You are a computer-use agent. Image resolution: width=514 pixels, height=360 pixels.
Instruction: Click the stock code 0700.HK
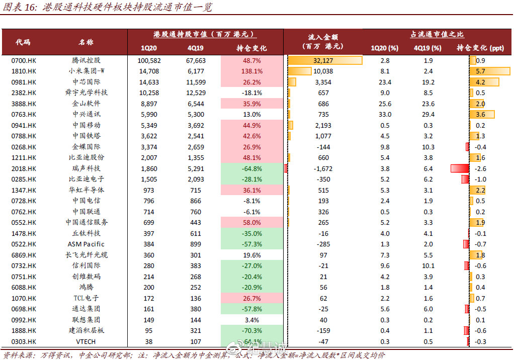tap(24, 60)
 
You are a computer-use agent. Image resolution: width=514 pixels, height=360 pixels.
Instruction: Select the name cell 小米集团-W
tap(86, 71)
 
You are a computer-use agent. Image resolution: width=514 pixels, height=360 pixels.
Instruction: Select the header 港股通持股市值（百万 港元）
tap(205, 34)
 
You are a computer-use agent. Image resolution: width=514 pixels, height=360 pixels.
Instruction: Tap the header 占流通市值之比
tap(437, 34)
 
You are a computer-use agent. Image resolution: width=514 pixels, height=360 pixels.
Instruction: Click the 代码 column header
tap(23, 42)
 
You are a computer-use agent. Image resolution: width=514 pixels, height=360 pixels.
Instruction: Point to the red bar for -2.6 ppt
tap(460, 168)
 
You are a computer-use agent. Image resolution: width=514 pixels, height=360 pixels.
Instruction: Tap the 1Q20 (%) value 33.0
tap(385, 115)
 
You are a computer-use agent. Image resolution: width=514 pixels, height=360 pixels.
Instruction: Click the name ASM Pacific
tap(86, 244)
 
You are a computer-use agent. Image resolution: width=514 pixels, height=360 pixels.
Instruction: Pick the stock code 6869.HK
tap(24, 255)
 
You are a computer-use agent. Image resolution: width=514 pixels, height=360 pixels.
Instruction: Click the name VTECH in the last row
tap(86, 341)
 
